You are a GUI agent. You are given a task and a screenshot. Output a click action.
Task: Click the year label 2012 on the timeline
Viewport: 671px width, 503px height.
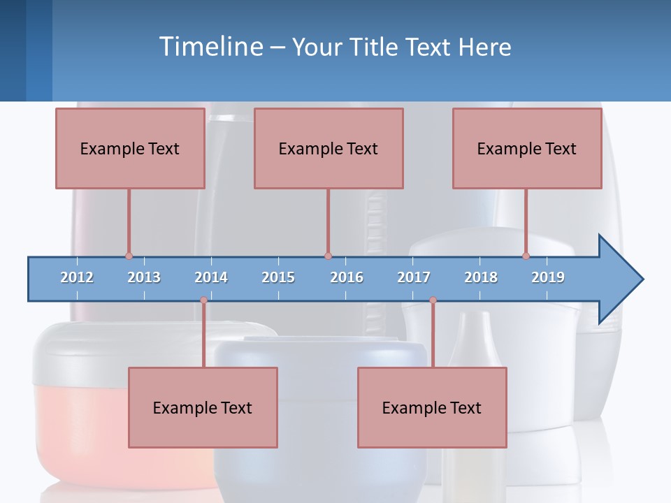[77, 277]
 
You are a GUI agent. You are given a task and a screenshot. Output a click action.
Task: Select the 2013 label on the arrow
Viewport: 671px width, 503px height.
[144, 277]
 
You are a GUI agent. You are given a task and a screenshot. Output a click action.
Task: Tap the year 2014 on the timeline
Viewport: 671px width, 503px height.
[211, 277]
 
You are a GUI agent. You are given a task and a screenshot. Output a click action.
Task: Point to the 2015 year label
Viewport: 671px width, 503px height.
[278, 277]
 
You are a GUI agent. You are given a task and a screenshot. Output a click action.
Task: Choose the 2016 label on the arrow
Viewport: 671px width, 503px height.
[347, 277]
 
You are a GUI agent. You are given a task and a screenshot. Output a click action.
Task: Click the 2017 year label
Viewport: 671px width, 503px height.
[414, 277]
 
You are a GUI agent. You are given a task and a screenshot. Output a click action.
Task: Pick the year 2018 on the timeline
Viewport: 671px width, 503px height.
[481, 277]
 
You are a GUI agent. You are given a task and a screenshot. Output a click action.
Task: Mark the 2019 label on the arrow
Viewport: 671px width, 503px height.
[548, 277]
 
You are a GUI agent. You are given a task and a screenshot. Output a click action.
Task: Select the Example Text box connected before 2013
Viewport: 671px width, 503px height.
[130, 148]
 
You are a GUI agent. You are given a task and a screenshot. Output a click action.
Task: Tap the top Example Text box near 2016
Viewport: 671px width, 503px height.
[329, 148]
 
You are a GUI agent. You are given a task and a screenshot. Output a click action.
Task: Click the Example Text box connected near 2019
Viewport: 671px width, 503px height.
[527, 148]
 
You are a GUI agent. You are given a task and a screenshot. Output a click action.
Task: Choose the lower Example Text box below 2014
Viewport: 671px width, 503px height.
[203, 407]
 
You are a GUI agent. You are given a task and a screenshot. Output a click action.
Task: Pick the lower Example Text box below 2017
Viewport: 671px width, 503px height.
[432, 407]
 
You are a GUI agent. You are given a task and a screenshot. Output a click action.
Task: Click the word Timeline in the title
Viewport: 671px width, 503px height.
[210, 46]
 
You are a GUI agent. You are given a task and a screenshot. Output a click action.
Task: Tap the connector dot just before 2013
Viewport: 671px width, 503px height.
[129, 256]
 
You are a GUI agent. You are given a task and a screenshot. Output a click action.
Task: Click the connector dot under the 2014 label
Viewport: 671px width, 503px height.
[203, 300]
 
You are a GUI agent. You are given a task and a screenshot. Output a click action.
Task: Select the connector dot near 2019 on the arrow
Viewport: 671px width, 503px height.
[526, 256]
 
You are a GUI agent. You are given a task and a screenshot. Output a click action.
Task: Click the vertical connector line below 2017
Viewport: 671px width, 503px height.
[433, 335]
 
